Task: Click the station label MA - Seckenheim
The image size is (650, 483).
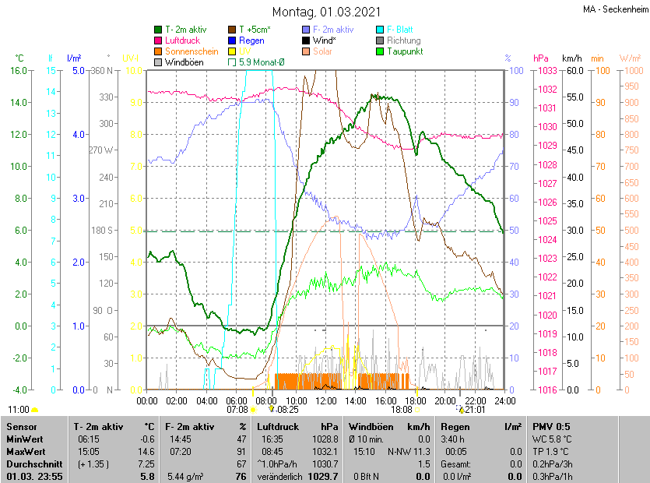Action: pos(614,9)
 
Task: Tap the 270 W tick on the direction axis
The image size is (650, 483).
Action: pos(101,150)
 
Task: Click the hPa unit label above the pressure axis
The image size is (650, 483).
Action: pos(541,58)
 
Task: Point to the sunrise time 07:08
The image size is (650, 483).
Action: pos(237,408)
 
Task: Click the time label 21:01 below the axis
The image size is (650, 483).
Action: pos(475,408)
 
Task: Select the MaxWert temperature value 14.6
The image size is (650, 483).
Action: pos(147,451)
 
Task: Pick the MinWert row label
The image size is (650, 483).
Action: pos(24,439)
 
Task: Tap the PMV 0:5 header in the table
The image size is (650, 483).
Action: pos(551,427)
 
